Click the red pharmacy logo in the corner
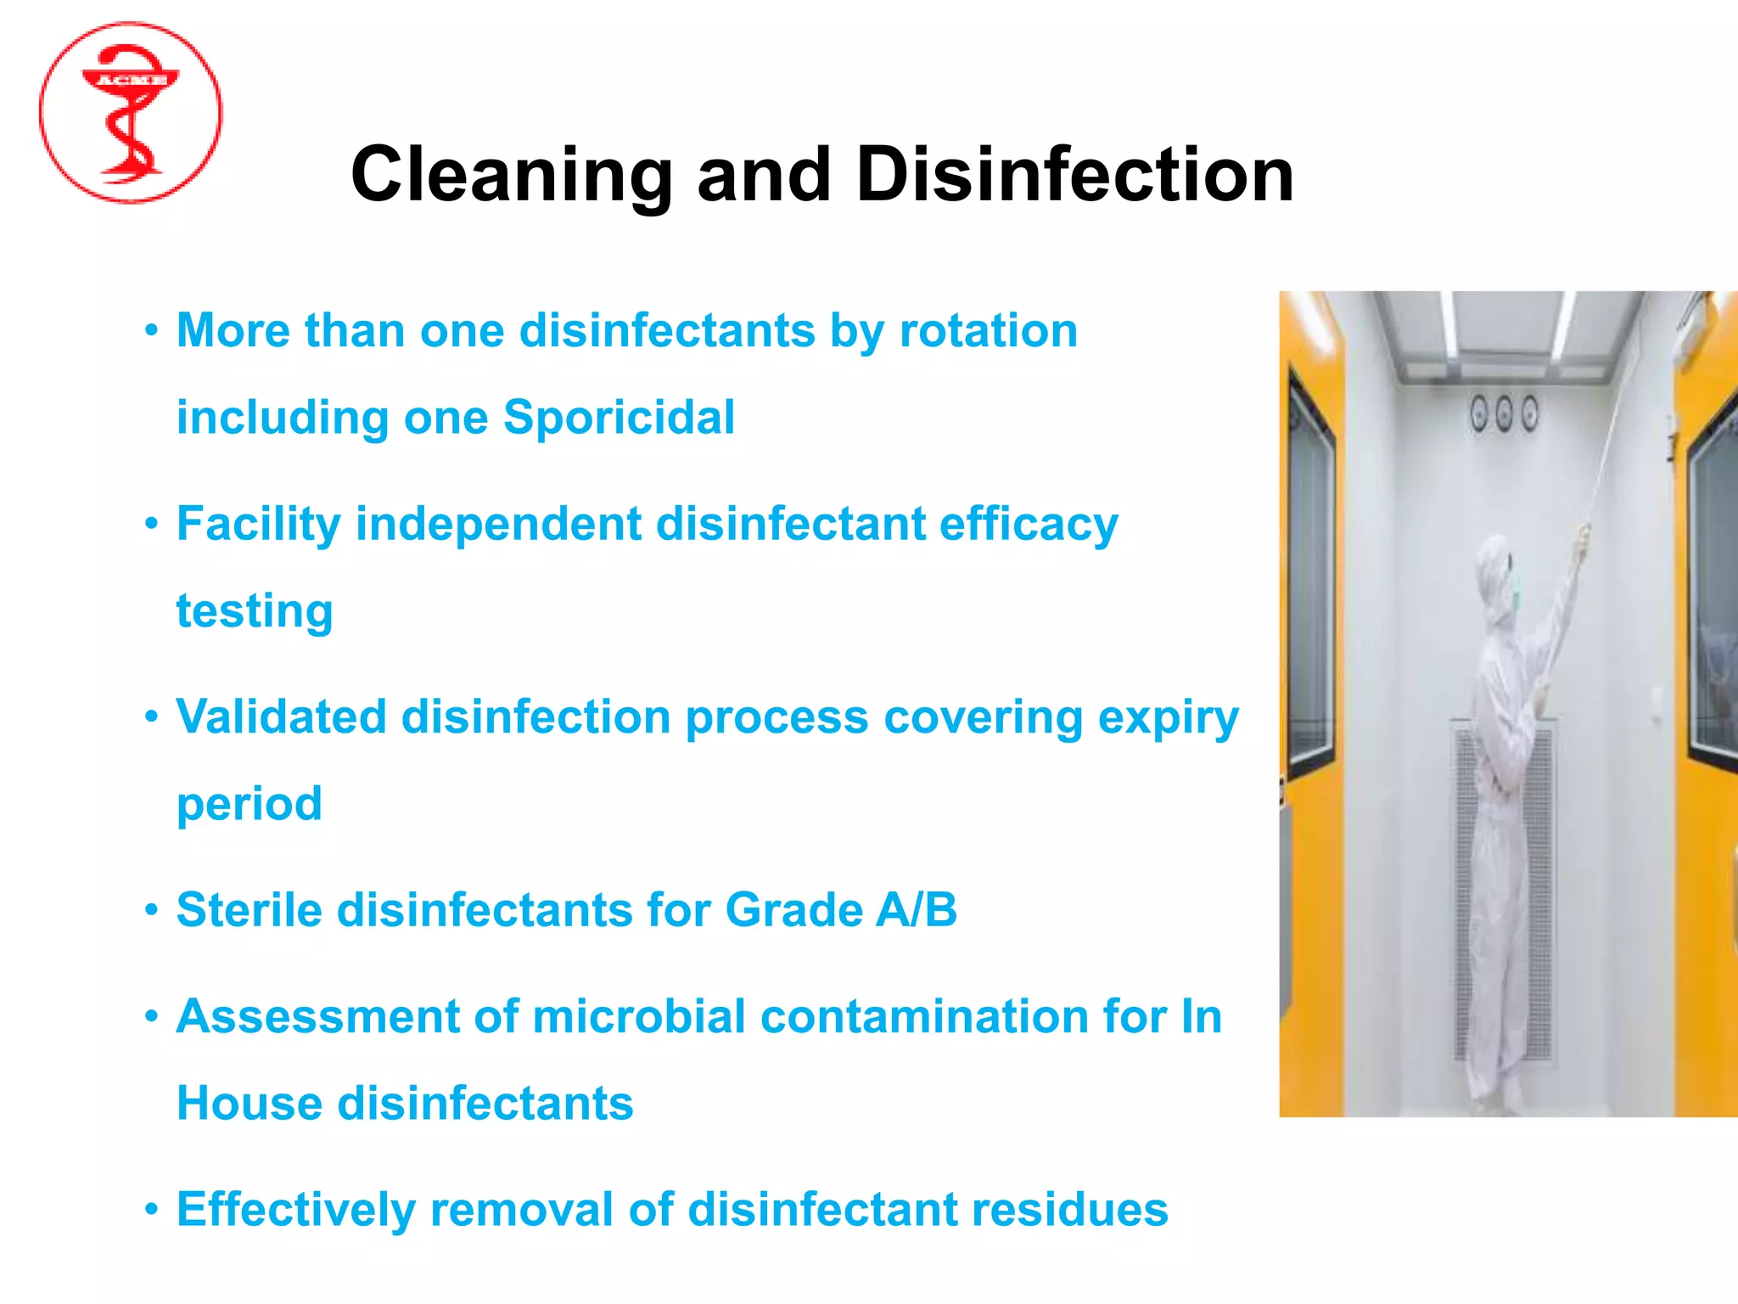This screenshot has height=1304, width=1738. tap(131, 113)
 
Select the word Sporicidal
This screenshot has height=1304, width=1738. tap(619, 417)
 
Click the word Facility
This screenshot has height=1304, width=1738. tap(258, 524)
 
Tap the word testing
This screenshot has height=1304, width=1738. tap(255, 611)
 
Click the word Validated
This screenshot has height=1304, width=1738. tap(281, 717)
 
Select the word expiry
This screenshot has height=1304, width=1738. tap(1168, 718)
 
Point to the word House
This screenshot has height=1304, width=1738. tap(249, 1104)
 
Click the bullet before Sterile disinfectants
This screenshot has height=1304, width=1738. tap(151, 910)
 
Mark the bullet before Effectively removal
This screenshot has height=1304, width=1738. tap(151, 1209)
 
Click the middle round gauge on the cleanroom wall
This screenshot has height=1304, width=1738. tap(1504, 413)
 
